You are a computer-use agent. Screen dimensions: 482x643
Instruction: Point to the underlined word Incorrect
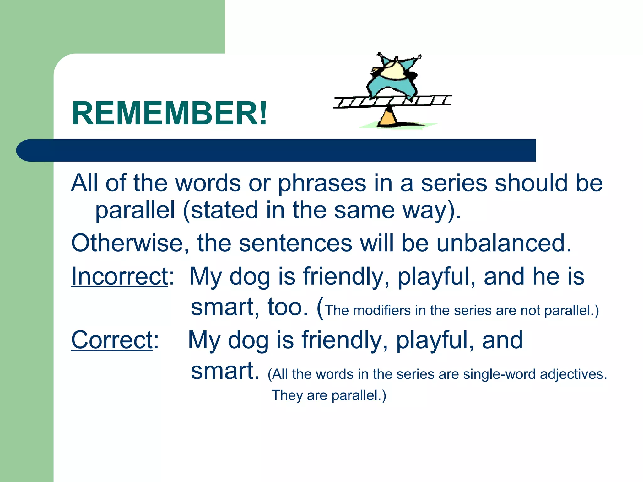tap(120, 276)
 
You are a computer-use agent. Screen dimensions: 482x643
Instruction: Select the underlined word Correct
tap(112, 340)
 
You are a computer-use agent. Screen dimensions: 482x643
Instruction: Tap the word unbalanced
tap(504, 244)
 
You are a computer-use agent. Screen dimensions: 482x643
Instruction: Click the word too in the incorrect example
tap(288, 307)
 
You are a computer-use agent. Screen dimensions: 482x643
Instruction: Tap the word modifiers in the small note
tap(382, 311)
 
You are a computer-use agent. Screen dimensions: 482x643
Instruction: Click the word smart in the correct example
tap(225, 371)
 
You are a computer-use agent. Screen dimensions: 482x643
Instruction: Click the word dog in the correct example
tap(248, 341)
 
